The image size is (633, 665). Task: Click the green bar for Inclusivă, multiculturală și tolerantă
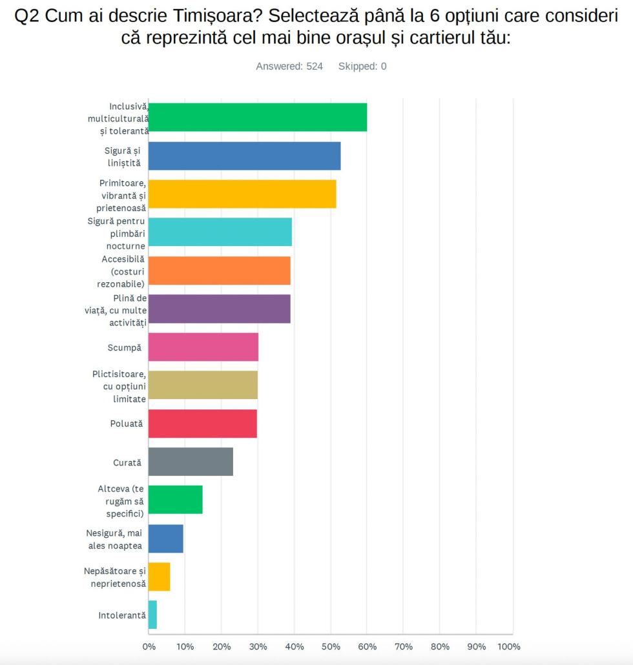click(258, 118)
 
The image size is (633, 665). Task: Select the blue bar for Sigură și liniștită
click(244, 156)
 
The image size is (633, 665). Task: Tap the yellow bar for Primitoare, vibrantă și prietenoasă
click(242, 194)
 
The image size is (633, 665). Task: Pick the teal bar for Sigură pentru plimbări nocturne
click(220, 232)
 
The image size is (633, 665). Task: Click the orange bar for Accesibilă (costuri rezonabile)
click(220, 271)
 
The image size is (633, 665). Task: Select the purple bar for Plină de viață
click(220, 309)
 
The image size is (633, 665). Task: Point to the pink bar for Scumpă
click(203, 347)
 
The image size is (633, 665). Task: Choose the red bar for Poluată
click(203, 424)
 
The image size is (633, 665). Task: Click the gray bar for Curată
click(191, 462)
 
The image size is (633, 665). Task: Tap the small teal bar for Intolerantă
click(152, 615)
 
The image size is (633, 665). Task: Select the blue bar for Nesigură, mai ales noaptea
click(166, 538)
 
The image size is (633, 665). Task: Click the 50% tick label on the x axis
click(331, 646)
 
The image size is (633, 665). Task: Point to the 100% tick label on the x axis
click(509, 646)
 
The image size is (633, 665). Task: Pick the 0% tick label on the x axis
click(149, 646)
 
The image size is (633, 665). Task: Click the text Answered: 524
click(289, 66)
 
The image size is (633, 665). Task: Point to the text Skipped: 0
click(362, 66)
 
